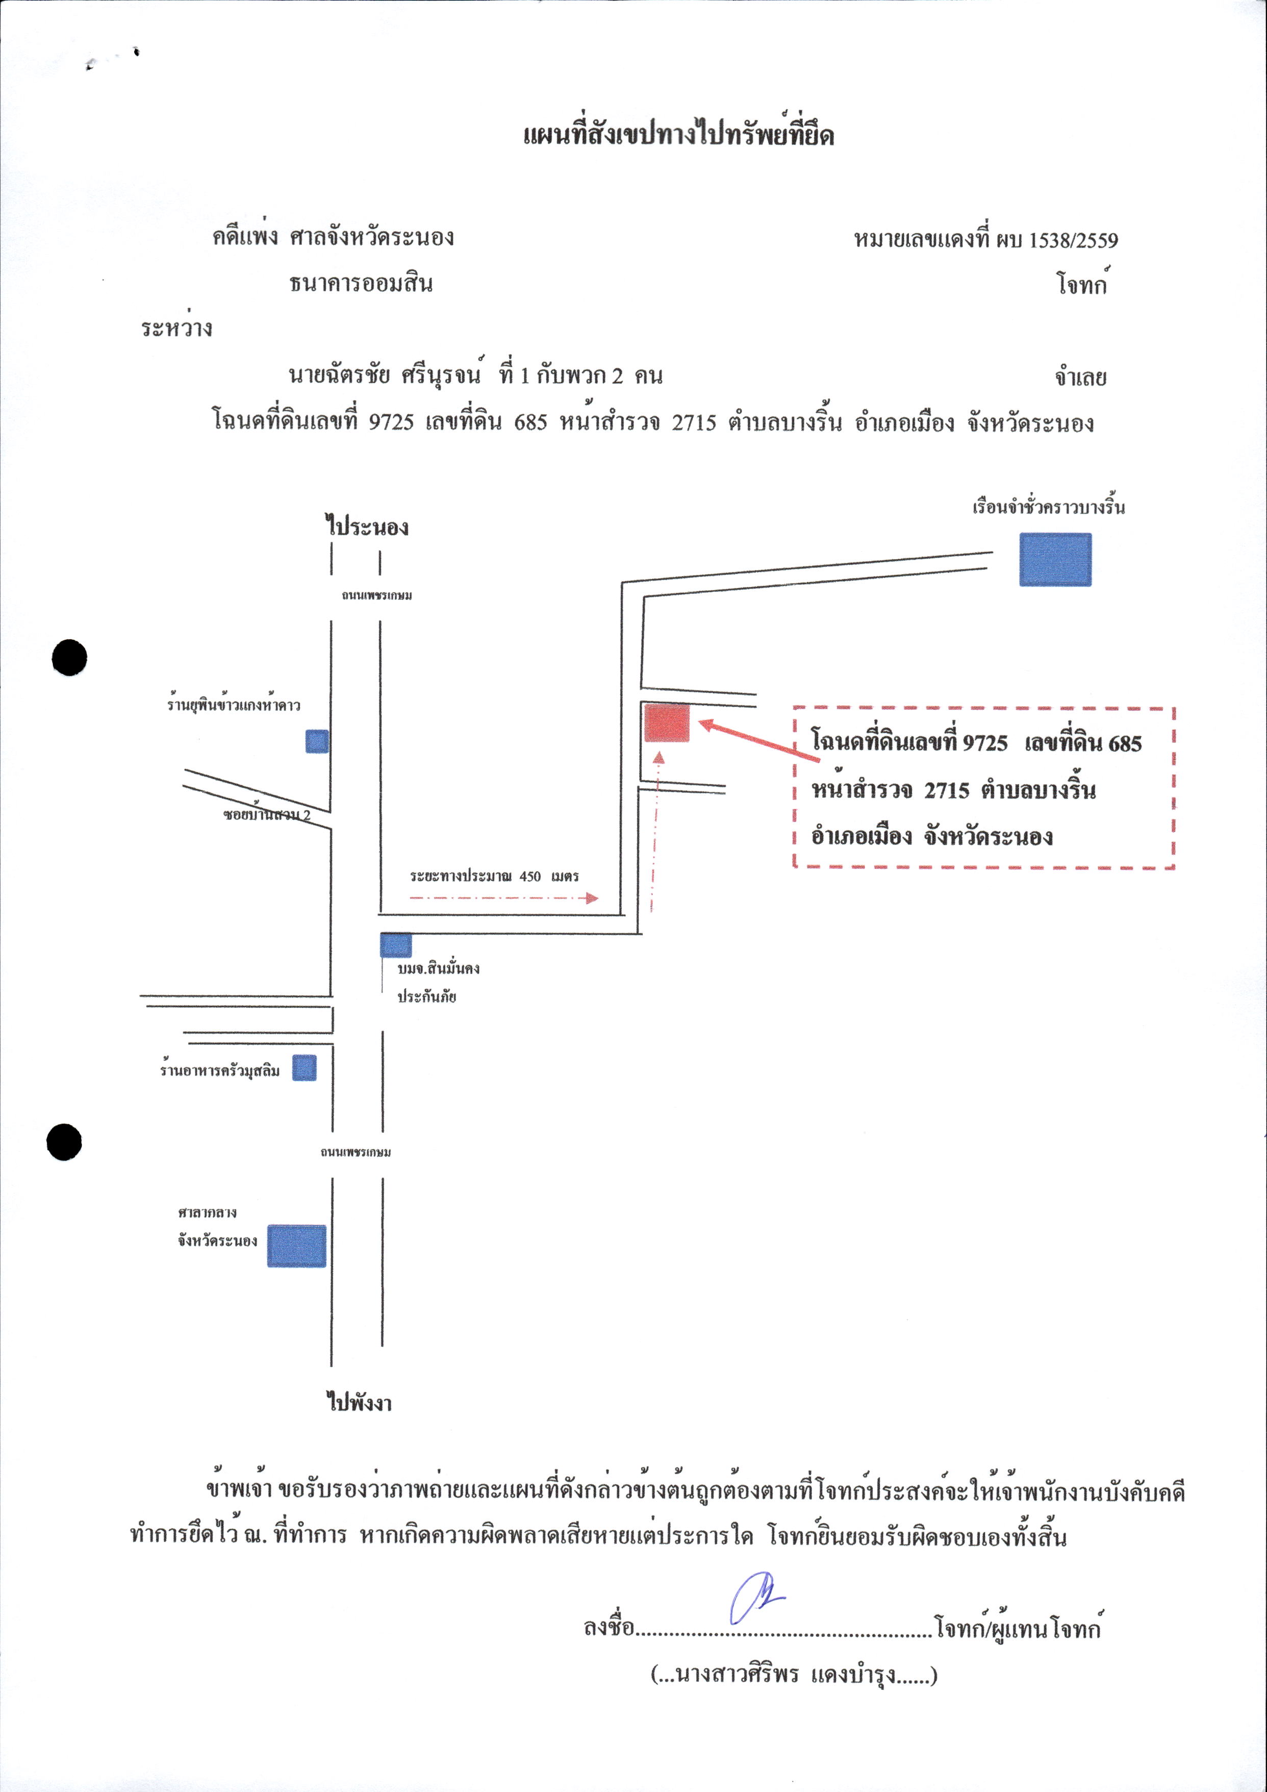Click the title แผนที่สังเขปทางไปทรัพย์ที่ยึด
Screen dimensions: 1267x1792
tap(679, 134)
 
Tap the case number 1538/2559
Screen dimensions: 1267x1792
tap(1073, 240)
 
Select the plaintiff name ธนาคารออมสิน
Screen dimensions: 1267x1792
tap(361, 283)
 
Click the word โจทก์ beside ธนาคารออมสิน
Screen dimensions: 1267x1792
tap(1082, 283)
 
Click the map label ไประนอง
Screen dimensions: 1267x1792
tap(367, 526)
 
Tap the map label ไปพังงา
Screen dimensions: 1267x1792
tap(359, 1403)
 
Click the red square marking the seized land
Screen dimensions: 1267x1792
tap(667, 722)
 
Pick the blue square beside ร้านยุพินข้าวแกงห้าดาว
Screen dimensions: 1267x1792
tap(317, 741)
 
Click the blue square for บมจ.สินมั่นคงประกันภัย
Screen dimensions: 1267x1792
tap(395, 945)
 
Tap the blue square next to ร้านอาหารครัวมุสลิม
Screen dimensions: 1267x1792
tap(305, 1068)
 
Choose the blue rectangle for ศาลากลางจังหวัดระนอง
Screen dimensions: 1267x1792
tap(296, 1246)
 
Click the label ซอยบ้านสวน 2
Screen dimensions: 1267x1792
tap(267, 815)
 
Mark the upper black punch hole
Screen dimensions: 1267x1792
tap(69, 657)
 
